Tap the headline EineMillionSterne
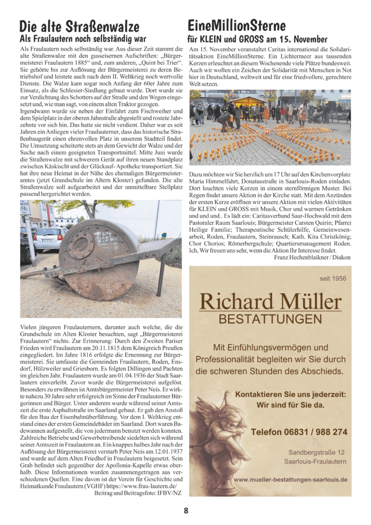click(x=237, y=25)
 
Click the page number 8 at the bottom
click(x=186, y=510)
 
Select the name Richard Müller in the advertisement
click(x=270, y=301)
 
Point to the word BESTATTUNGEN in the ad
click(x=270, y=319)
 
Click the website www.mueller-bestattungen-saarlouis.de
click(x=291, y=480)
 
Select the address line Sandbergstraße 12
click(x=316, y=452)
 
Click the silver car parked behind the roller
click(x=49, y=239)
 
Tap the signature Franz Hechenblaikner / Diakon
click(x=310, y=257)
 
